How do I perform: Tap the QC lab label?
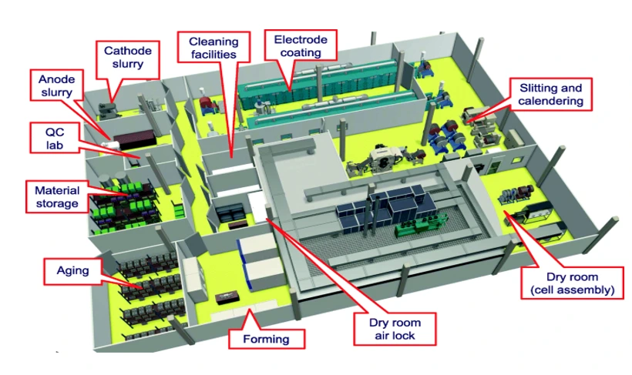click(x=54, y=139)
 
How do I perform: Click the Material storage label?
click(x=56, y=196)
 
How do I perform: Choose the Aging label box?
click(x=72, y=270)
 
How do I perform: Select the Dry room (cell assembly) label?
click(x=571, y=283)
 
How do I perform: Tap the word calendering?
click(x=551, y=102)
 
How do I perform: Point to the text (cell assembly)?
click(x=571, y=290)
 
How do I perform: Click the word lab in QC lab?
click(x=54, y=146)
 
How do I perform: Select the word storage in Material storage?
click(x=56, y=203)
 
